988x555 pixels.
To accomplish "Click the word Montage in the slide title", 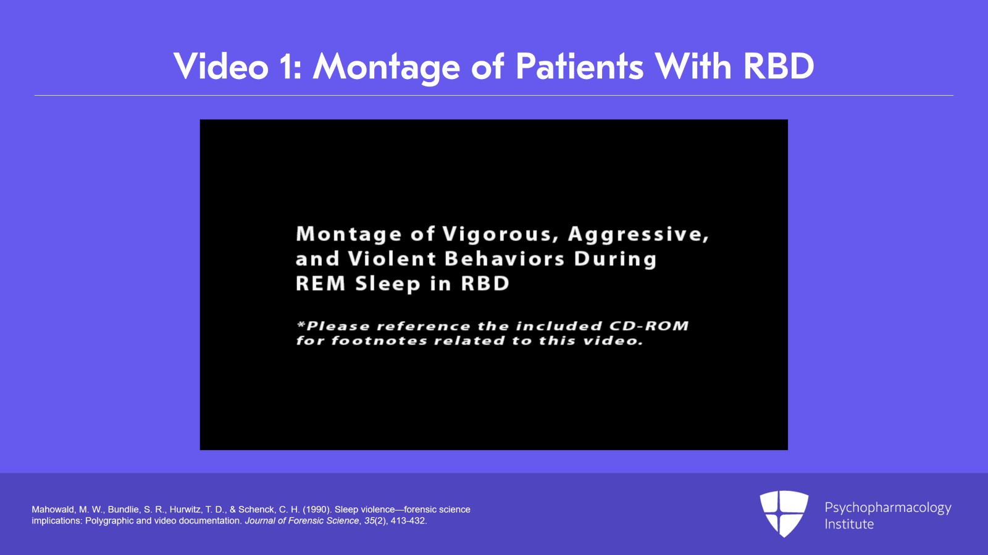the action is click(386, 67).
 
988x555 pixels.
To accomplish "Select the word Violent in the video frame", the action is click(392, 258).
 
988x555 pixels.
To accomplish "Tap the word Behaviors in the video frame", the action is click(504, 258).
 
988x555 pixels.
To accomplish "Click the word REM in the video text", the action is click(320, 283).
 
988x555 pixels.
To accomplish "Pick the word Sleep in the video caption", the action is click(388, 284).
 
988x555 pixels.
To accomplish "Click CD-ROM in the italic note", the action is click(649, 326).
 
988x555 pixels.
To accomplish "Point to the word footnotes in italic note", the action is click(379, 341).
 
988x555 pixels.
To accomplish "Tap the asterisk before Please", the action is click(301, 325).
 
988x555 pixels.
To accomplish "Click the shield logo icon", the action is click(784, 513).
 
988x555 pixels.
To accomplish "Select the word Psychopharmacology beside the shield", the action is click(888, 508).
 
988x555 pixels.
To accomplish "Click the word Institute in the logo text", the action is click(849, 524).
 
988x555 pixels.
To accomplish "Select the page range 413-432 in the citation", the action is click(409, 520).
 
